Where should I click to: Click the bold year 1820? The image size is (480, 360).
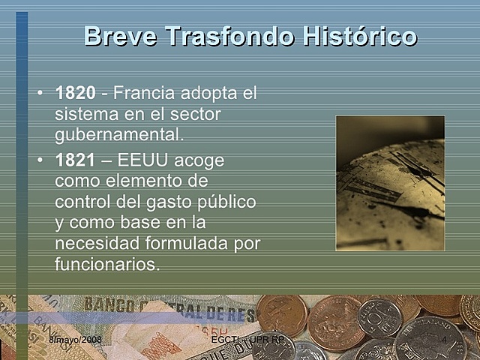(76, 94)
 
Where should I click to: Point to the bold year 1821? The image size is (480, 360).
(76, 161)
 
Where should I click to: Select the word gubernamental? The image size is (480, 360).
(118, 136)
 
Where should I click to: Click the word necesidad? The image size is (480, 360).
(97, 244)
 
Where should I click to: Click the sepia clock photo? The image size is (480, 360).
(389, 183)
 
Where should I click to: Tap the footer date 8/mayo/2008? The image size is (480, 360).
(75, 340)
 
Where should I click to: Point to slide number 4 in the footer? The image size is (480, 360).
(445, 340)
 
